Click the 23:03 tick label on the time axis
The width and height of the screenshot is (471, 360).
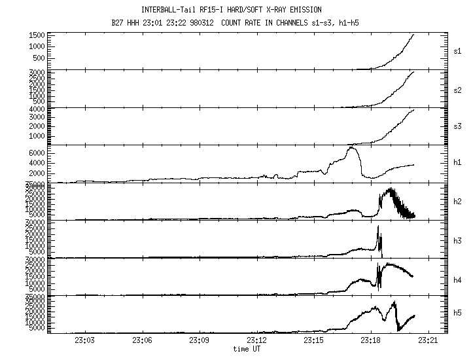point(85,340)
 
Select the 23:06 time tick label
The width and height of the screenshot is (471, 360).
point(142,340)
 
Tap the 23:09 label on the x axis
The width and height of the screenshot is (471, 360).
point(200,340)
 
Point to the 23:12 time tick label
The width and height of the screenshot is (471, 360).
point(256,340)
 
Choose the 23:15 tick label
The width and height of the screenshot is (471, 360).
point(313,340)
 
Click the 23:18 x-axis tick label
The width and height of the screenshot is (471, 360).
point(370,340)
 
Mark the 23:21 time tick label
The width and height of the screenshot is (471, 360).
point(428,340)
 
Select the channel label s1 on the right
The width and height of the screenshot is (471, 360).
point(457,51)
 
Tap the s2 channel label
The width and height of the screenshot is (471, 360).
point(457,89)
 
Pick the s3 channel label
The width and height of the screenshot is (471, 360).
point(457,126)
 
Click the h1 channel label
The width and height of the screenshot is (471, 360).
point(457,164)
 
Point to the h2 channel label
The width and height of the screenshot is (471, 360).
point(457,202)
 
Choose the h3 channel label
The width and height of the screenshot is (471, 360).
point(457,240)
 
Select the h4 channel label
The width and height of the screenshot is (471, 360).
point(457,278)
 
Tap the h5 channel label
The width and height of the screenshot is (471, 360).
point(457,315)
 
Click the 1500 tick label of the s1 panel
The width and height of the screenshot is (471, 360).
point(37,35)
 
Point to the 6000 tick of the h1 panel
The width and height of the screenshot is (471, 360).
point(37,153)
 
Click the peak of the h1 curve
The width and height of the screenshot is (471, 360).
point(351,147)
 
